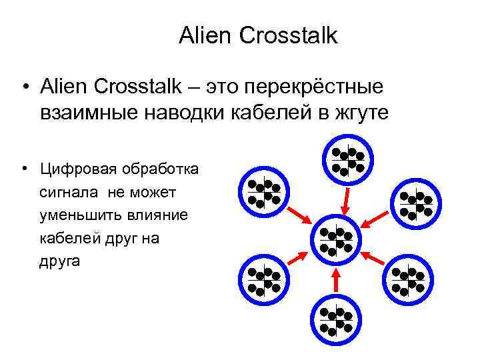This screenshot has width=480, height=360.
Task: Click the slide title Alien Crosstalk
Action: [258, 36]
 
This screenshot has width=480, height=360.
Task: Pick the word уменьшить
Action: [78, 215]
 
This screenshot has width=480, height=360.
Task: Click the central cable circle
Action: [337, 241]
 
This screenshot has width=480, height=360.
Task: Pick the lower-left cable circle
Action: [263, 280]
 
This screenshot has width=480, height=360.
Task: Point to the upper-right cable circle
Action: [415, 204]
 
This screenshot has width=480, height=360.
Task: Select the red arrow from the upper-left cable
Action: [298, 215]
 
